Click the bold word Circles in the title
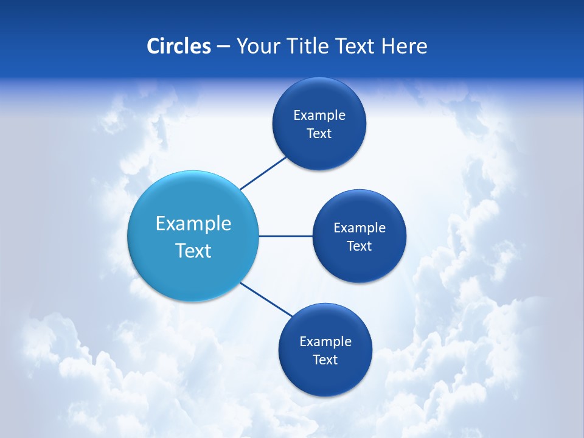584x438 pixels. click(178, 46)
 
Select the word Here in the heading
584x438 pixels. click(405, 46)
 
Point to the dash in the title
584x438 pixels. click(223, 47)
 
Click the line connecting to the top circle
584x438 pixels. click(263, 173)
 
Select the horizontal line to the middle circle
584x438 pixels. click(285, 236)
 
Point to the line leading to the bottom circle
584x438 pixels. click(266, 299)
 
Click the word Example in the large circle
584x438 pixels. click(193, 224)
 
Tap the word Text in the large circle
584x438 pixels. click(193, 251)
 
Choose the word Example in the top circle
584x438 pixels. click(319, 116)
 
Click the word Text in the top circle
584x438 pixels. click(319, 134)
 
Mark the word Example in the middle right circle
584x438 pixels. click(360, 228)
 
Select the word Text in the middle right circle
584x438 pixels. click(359, 246)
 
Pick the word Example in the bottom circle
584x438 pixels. click(325, 342)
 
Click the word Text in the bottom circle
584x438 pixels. click(325, 360)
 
